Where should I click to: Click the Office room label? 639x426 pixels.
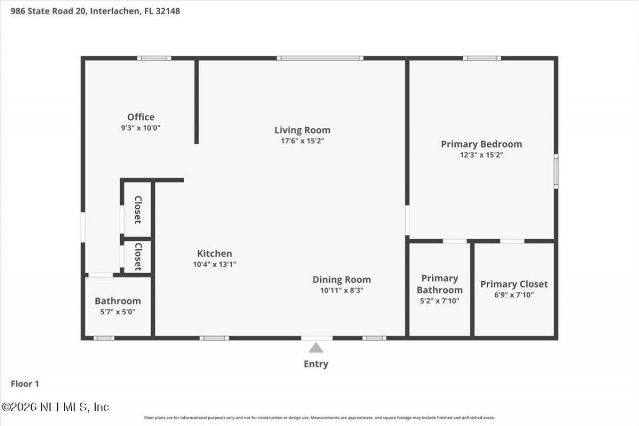pyautogui.click(x=141, y=117)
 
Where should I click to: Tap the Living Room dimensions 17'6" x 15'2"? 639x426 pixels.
pyautogui.click(x=302, y=141)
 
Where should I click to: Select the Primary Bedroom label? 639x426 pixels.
pyautogui.click(x=481, y=144)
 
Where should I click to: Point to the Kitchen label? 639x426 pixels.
pyautogui.click(x=214, y=254)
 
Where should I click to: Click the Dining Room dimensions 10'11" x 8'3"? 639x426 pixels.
pyautogui.click(x=341, y=290)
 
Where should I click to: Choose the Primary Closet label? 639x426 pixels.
pyautogui.click(x=514, y=284)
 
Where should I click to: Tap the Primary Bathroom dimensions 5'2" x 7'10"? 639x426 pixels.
pyautogui.click(x=439, y=301)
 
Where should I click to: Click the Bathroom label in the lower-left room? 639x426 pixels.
pyautogui.click(x=118, y=301)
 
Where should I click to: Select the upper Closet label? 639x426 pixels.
pyautogui.click(x=138, y=209)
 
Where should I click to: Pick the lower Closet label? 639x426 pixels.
pyautogui.click(x=138, y=257)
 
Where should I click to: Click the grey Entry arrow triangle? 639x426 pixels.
pyautogui.click(x=316, y=348)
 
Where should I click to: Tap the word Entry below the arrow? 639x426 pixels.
pyautogui.click(x=316, y=364)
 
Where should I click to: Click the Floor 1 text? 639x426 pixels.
pyautogui.click(x=25, y=384)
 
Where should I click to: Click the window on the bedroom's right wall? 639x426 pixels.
pyautogui.click(x=556, y=171)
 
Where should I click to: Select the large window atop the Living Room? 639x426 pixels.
pyautogui.click(x=320, y=58)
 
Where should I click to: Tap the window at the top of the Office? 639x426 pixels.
pyautogui.click(x=154, y=58)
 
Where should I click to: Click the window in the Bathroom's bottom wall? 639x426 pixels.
pyautogui.click(x=104, y=338)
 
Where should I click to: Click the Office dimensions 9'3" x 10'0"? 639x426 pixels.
pyautogui.click(x=141, y=128)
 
